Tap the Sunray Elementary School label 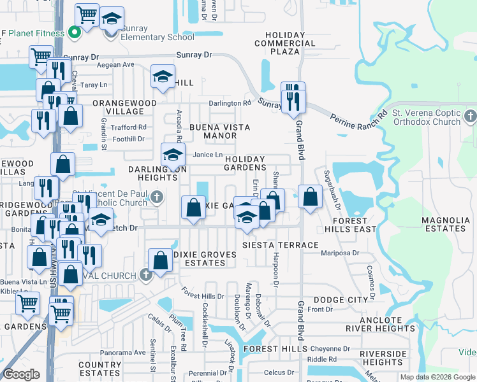(153, 38)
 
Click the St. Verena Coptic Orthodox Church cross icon (471, 117)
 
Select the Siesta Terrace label (280, 245)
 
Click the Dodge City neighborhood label (341, 300)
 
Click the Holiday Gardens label (245, 163)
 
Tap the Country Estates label (99, 369)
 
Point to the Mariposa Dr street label (341, 253)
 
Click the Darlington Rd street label (230, 103)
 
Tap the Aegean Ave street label (115, 65)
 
